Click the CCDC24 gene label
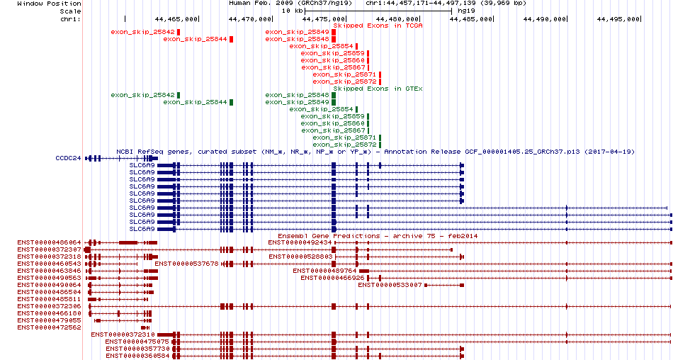[68, 158]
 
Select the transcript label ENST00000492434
[300, 242]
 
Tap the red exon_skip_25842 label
[142, 32]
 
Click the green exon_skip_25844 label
[195, 102]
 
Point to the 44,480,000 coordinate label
[397, 19]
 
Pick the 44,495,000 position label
[618, 19]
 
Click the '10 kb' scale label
[292, 11]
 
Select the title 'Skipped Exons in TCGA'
[378, 26]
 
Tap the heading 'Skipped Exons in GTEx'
[378, 89]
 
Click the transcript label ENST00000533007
[390, 285]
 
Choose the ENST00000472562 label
[50, 327]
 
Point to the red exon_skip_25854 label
[321, 46]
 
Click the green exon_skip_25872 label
[345, 145]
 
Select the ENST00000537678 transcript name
[187, 264]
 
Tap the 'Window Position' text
[50, 4]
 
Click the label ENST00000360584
[137, 356]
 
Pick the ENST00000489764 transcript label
[325, 271]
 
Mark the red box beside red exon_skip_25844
[232, 39]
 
